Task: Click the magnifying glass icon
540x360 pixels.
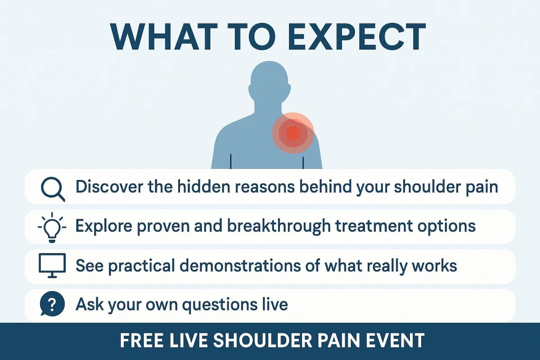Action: [x=53, y=189]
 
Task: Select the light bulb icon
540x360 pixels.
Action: [x=52, y=228]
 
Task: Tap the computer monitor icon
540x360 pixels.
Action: [x=52, y=265]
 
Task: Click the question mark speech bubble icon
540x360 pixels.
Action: [x=52, y=304]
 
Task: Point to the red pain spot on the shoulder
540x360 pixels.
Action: [x=293, y=133]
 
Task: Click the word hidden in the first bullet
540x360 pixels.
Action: [x=204, y=187]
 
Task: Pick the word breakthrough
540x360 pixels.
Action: [x=279, y=227]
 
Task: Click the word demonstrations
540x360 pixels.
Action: [x=240, y=265]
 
